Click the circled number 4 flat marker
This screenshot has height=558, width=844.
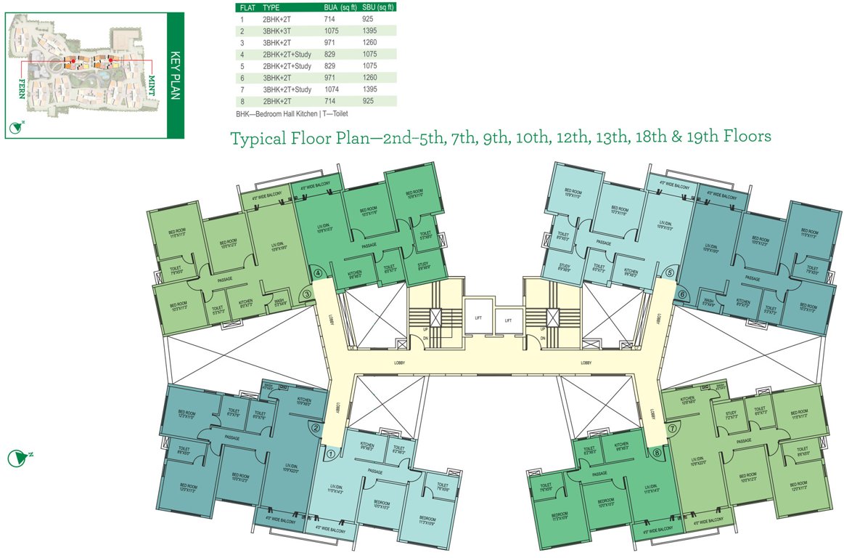click(317, 273)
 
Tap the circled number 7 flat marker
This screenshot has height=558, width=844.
click(673, 428)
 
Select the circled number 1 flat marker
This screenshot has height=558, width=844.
click(331, 455)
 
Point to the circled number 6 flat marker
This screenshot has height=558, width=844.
click(682, 294)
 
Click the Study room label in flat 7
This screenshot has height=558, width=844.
click(731, 415)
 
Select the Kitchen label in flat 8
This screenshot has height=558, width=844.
click(621, 446)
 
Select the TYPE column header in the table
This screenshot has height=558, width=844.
click(271, 7)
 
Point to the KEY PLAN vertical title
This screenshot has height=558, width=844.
click(175, 69)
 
